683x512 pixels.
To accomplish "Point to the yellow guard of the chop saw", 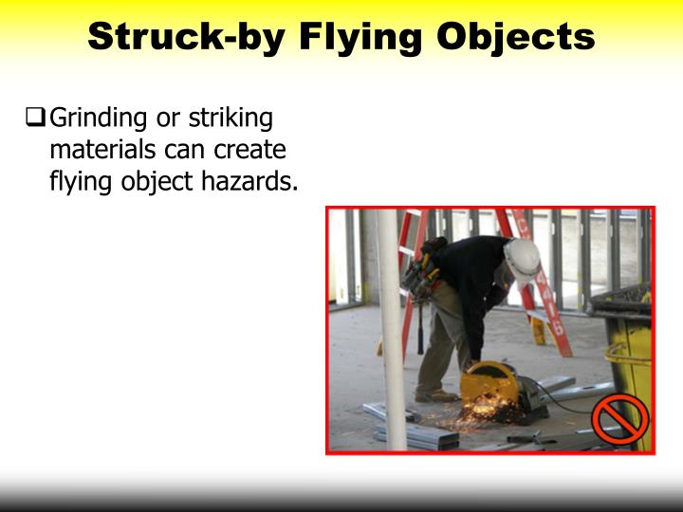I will [x=489, y=384].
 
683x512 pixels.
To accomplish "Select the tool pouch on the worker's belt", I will [x=420, y=275].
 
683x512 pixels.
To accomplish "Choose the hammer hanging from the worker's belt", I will [x=419, y=327].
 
